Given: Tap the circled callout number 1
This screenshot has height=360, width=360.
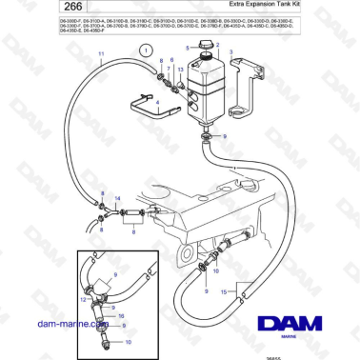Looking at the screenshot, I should point(144,47).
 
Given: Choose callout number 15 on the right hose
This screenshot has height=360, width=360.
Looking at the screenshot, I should point(225,292).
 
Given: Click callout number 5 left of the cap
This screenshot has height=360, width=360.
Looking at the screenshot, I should point(188,48).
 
